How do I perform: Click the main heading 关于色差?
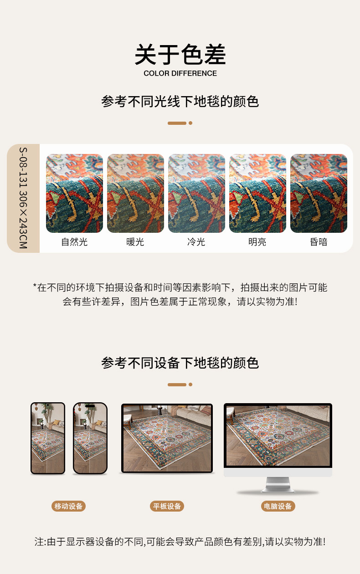(x=180, y=54)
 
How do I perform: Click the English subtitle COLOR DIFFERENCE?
(x=180, y=73)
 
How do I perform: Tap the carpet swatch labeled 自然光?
(x=74, y=193)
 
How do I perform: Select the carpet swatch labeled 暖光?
(x=135, y=193)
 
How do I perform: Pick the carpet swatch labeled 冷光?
(x=196, y=193)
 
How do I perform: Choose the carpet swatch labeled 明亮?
(x=257, y=193)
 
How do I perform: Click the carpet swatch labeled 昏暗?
(x=319, y=193)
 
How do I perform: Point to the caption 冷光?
(x=196, y=242)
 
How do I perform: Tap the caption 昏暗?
(x=319, y=242)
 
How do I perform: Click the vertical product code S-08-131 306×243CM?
(x=23, y=198)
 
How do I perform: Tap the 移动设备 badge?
(x=68, y=506)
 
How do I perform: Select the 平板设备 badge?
(x=167, y=506)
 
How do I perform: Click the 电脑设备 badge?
(x=278, y=506)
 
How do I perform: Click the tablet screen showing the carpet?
(x=167, y=438)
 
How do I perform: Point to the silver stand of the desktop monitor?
(x=278, y=485)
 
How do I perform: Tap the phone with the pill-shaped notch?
(x=90, y=438)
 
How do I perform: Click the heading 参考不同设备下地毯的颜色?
(x=180, y=363)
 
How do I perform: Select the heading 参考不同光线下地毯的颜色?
(x=180, y=102)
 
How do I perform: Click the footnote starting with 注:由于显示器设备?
(x=180, y=542)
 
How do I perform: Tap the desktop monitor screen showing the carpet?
(x=278, y=436)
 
